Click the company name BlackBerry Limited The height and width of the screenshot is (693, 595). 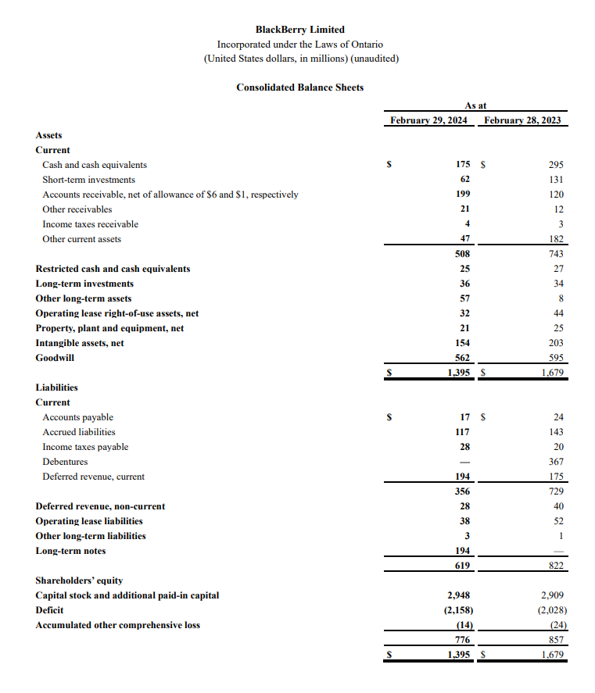(299, 30)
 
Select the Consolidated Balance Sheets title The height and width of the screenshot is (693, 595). (299, 88)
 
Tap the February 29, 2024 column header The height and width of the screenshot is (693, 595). (428, 120)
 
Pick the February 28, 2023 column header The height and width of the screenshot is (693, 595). (523, 120)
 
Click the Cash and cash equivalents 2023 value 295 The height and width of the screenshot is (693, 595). (556, 165)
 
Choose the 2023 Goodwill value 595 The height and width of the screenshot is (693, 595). (556, 358)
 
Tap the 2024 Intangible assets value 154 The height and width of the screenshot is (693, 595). (462, 343)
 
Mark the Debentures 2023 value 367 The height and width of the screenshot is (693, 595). (556, 462)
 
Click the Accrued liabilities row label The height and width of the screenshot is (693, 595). (79, 432)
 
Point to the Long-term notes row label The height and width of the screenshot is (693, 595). (70, 551)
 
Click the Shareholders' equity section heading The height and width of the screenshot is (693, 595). (79, 580)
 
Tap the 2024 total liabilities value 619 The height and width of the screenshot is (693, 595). (462, 566)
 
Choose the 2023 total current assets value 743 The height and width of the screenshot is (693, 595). (556, 254)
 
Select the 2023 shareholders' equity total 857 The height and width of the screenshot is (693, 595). (556, 640)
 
